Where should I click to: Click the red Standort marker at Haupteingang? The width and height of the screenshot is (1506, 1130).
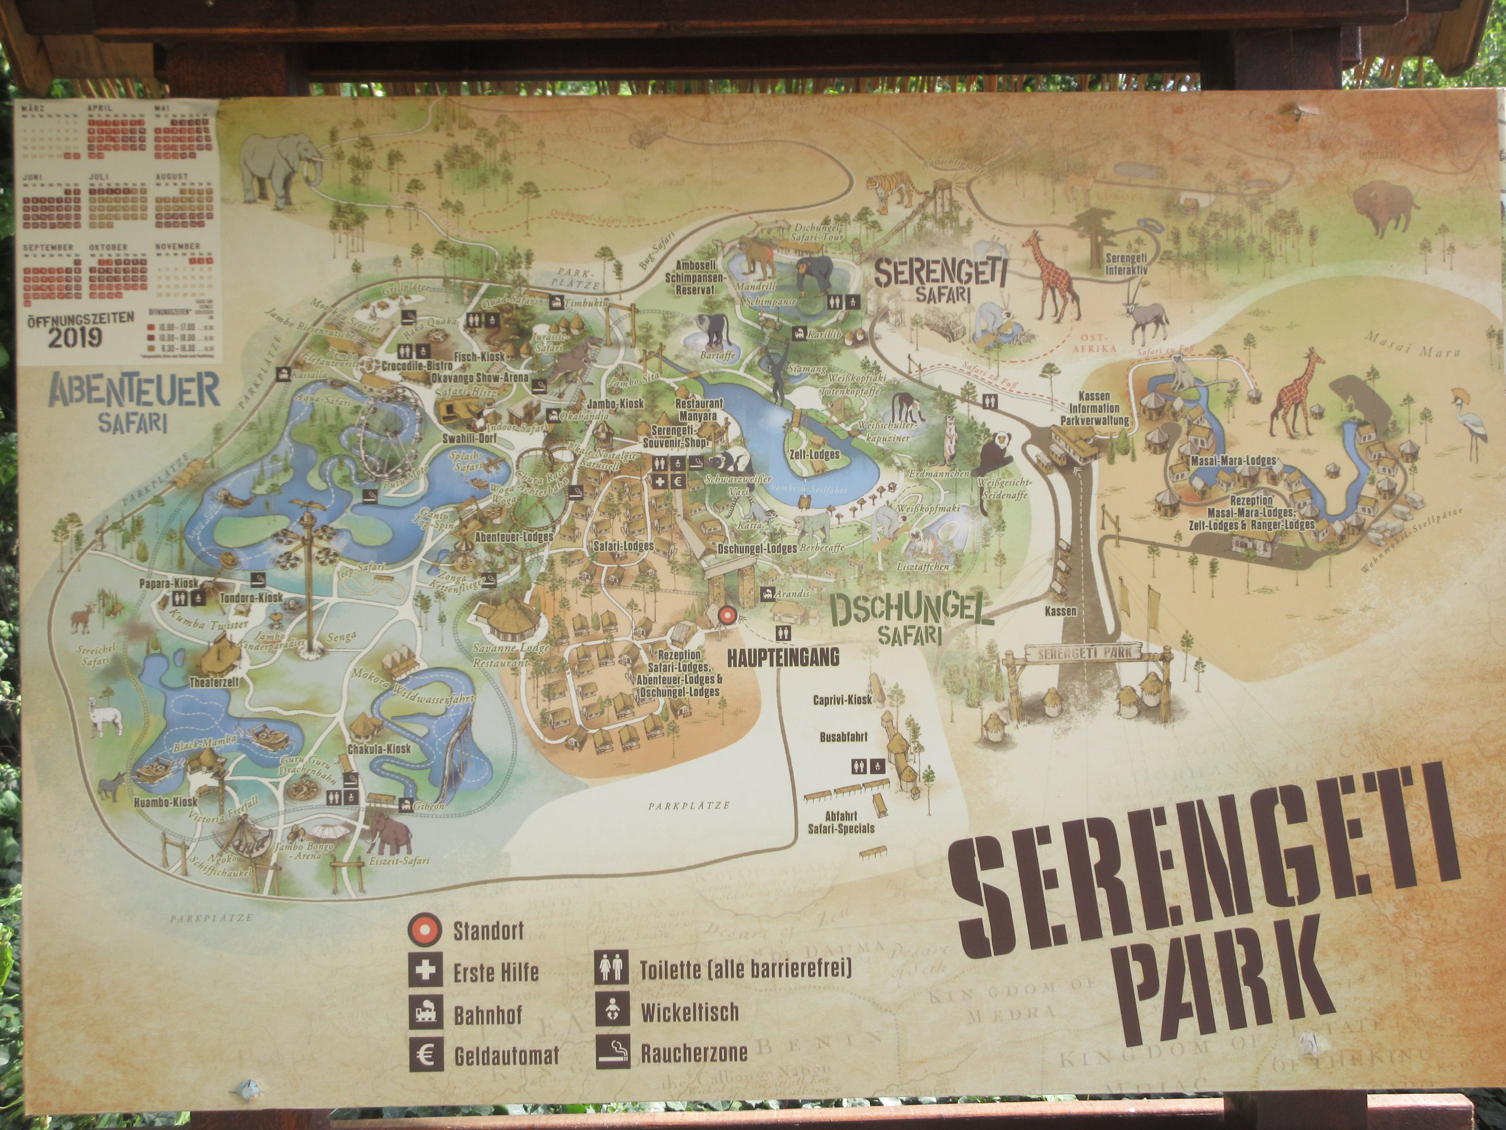726,616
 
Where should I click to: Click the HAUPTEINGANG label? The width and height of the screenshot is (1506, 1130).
782,657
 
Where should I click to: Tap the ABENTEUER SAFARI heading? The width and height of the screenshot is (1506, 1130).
134,402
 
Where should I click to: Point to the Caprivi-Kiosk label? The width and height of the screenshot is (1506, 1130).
842,700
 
